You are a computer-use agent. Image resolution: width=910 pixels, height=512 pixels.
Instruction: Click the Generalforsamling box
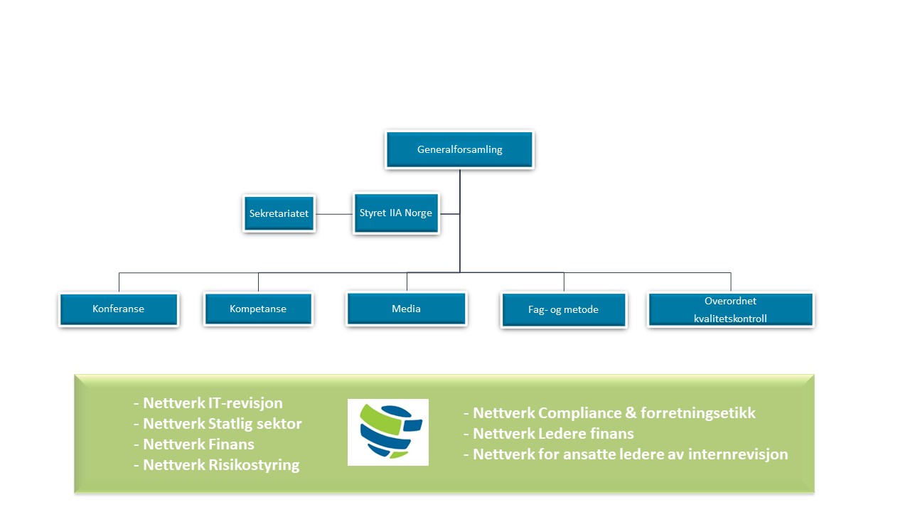coord(459,149)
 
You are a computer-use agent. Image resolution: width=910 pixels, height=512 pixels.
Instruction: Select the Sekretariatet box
coord(279,213)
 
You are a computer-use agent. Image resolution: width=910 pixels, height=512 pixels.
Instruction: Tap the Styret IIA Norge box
coord(396,213)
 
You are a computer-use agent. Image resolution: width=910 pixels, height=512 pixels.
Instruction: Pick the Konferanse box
coord(119,309)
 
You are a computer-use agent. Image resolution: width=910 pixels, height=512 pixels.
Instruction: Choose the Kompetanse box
coord(258,309)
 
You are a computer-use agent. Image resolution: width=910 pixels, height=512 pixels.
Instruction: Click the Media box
coord(406,309)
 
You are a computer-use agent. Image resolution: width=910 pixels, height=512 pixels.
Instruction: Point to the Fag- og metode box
coord(564,310)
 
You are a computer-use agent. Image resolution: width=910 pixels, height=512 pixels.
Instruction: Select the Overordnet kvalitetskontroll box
coord(731,309)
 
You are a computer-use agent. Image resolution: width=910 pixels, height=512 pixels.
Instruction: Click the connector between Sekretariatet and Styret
coord(334,214)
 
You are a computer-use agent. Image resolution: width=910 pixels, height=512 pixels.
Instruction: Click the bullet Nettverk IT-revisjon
coord(208,403)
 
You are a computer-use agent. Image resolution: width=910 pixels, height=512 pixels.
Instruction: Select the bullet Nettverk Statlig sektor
coord(218,424)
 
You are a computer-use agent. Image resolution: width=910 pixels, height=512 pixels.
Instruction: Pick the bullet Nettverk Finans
coord(194,444)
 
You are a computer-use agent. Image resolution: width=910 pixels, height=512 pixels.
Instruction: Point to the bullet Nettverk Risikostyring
coord(217,465)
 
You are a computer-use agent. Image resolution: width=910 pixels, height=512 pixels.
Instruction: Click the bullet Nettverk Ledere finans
coord(548,434)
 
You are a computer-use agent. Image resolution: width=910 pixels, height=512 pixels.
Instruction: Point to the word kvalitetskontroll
coord(730,319)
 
